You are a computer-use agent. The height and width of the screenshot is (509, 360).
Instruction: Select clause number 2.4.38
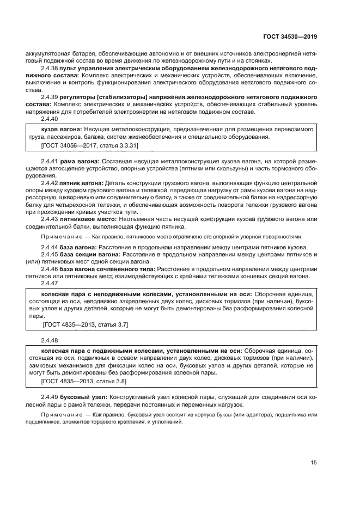point(50,70)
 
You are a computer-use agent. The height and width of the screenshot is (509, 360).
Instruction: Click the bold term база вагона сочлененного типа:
point(107,268)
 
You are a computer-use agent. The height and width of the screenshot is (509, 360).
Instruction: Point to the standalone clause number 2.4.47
point(50,283)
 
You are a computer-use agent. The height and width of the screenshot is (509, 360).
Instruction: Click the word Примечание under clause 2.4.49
point(59,415)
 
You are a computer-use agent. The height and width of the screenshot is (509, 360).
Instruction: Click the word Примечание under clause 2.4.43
point(59,237)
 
